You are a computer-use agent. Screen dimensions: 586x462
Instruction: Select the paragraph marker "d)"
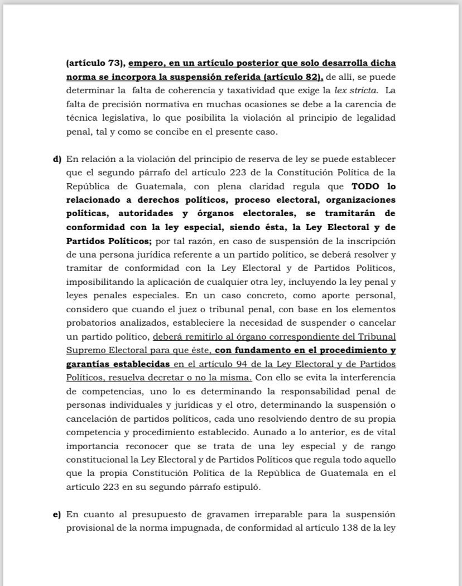[x=57, y=159]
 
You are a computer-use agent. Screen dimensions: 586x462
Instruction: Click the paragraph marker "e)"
[x=57, y=513]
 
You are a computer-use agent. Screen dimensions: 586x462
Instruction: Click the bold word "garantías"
[x=90, y=364]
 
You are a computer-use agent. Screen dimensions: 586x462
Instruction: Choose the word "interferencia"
[x=368, y=377]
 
